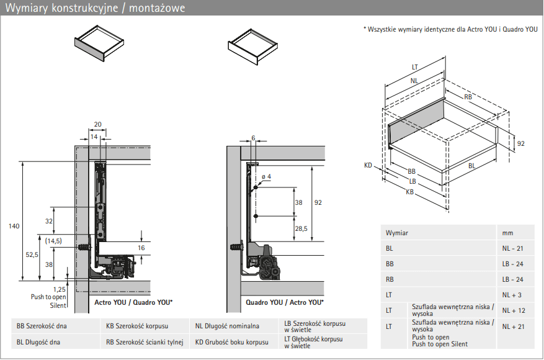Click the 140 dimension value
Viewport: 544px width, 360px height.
tap(14, 226)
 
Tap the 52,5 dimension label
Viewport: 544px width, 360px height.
tap(32, 254)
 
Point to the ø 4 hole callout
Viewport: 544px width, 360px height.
tap(266, 177)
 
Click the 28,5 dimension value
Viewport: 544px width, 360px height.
tap(301, 228)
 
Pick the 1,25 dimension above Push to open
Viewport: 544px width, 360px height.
tap(60, 289)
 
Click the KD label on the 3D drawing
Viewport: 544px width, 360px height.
tap(368, 166)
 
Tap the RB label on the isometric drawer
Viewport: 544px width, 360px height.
tap(468, 97)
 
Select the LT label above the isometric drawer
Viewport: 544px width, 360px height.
tap(415, 67)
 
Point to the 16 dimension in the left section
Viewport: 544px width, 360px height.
tap(141, 248)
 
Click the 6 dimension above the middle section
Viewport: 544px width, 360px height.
tap(253, 137)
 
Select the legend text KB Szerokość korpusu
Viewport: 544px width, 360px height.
tap(137, 325)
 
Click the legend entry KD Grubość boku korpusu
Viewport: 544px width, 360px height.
tap(231, 342)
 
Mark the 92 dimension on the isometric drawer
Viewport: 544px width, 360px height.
tap(520, 143)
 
